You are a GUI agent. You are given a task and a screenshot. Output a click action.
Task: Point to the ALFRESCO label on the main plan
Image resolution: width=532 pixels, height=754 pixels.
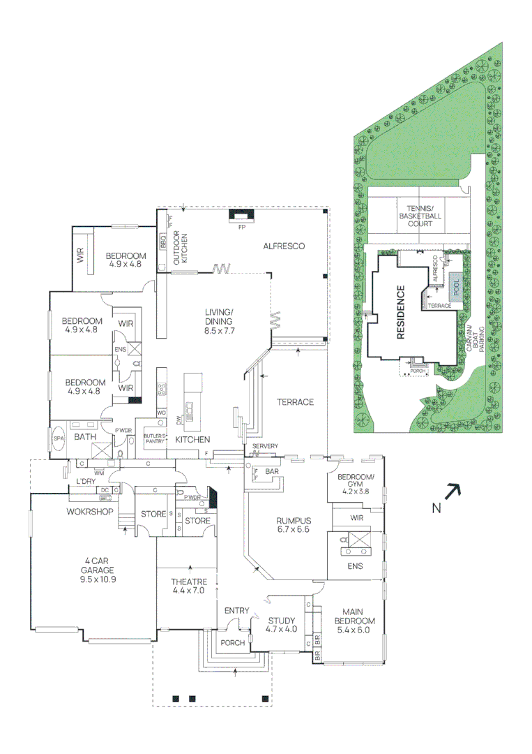coord(285,246)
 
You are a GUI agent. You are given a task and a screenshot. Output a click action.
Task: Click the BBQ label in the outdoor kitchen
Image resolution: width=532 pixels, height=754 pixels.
coord(163,244)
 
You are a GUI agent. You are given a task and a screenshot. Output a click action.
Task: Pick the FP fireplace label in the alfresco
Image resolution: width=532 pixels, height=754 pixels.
coord(242,228)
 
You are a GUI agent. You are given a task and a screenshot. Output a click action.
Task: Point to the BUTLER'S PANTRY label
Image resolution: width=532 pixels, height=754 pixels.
coord(153,438)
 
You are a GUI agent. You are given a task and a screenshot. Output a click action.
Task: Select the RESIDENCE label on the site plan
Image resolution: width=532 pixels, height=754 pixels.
coord(401,312)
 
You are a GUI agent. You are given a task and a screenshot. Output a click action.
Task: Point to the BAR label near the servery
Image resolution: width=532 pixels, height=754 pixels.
coord(272,472)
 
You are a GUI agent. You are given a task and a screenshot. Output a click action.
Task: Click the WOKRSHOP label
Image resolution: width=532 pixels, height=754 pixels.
coord(90,512)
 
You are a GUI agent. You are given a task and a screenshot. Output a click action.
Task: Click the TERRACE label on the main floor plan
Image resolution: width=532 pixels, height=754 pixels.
coord(295,402)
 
